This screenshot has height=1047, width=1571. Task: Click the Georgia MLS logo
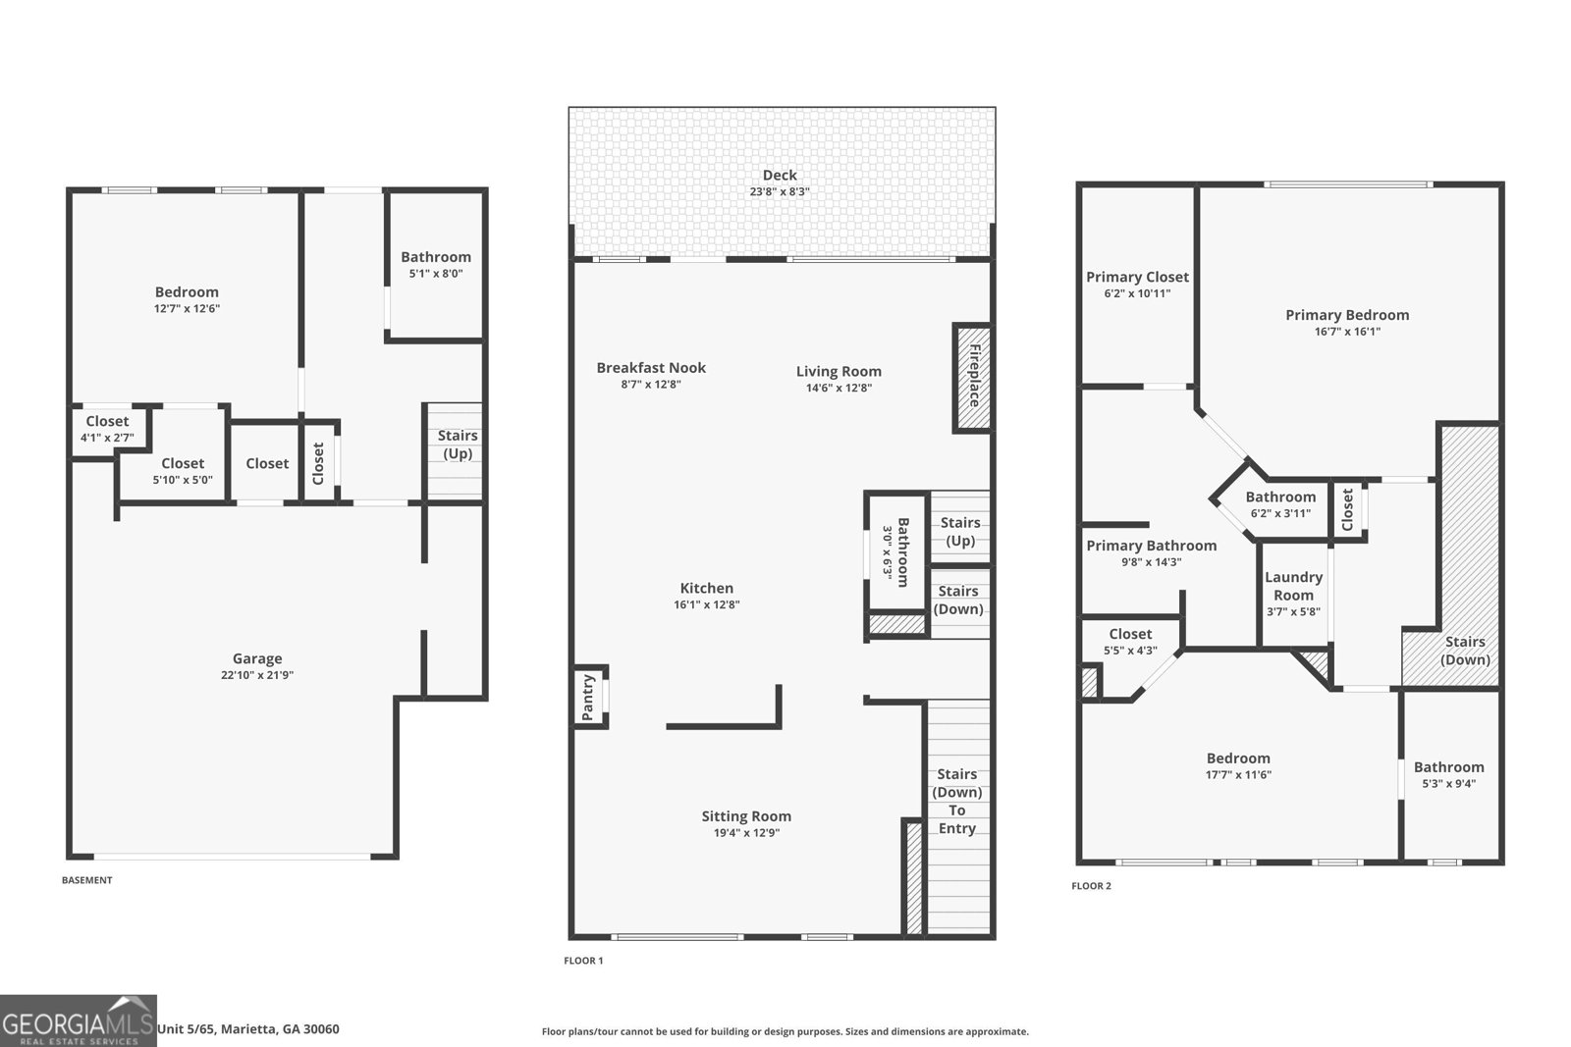click(78, 1021)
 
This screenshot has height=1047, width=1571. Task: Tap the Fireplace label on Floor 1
click(974, 377)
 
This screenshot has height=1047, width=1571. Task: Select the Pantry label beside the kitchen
click(589, 698)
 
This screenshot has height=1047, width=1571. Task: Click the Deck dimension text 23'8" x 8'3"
click(780, 192)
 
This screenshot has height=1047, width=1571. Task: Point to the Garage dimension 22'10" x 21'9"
click(257, 675)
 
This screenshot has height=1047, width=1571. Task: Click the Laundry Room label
click(1293, 586)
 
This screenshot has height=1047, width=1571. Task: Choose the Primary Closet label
click(1137, 277)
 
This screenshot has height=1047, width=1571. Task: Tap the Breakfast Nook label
click(651, 368)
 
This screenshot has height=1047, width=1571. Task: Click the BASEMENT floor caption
click(87, 880)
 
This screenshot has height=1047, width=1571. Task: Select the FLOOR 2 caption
click(1091, 886)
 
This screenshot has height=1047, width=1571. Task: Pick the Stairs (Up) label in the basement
click(458, 445)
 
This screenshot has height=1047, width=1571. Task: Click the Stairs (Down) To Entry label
click(956, 802)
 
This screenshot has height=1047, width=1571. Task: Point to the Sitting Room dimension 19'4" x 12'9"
click(746, 833)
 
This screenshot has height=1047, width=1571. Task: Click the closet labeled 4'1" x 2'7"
click(107, 429)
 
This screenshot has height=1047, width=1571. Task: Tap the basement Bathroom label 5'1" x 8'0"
click(436, 265)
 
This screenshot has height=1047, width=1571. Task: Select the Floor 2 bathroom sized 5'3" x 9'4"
click(1448, 775)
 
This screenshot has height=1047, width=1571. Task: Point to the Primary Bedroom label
click(1347, 315)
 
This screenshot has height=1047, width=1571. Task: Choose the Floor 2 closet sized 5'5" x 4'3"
click(1130, 642)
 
